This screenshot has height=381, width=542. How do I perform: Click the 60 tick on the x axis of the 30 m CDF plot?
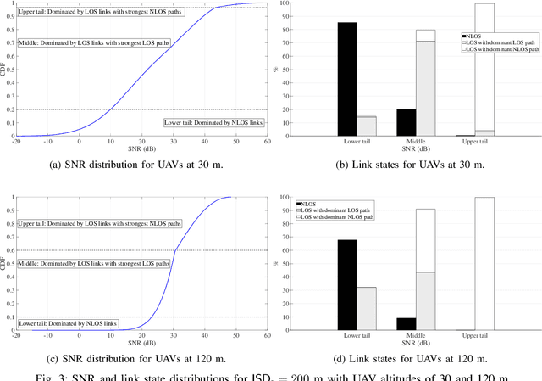(x=267, y=142)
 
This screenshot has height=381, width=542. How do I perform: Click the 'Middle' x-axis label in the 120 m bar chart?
(x=416, y=337)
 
